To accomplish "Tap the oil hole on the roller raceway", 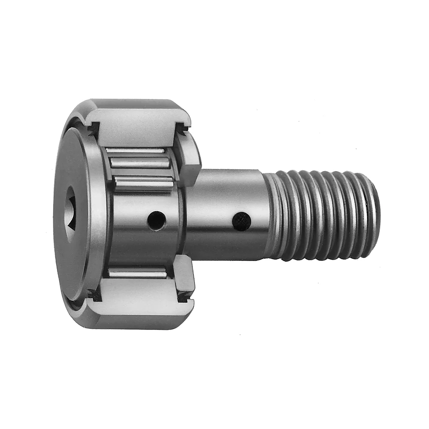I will tap(156, 221).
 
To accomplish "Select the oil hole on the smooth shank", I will tap(241, 221).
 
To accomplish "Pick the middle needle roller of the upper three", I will tap(138, 163).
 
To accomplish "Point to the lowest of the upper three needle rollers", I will tap(144, 182).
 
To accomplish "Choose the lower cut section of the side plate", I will tap(185, 281).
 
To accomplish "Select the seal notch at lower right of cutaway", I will tap(185, 296).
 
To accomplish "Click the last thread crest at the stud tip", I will tap(372, 214).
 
